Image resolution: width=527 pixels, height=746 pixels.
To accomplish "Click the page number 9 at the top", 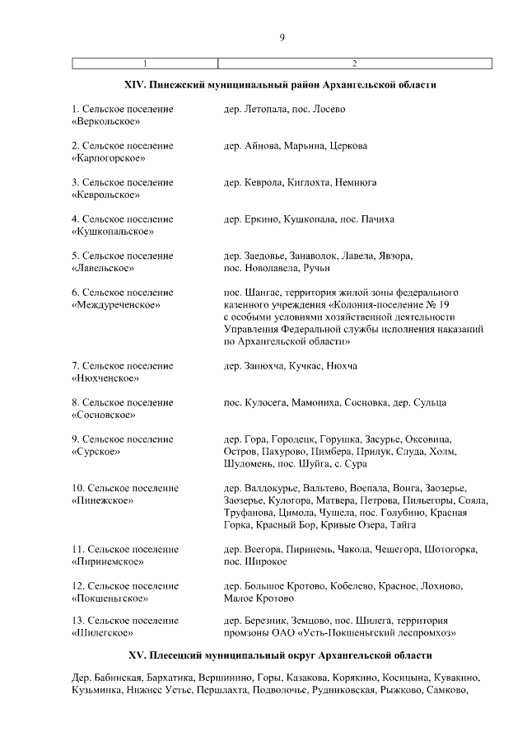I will tap(282, 36).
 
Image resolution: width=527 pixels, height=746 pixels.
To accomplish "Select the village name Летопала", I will tap(265, 109).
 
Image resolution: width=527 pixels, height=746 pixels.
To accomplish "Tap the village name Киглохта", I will tap(309, 182).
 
